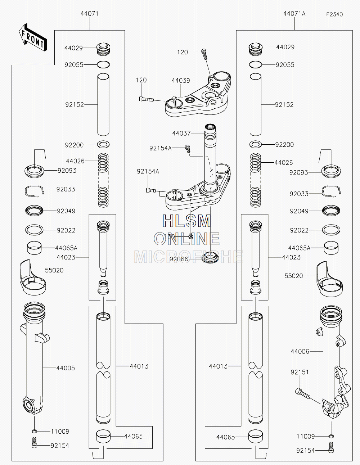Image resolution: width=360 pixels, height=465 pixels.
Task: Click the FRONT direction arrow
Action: (x=33, y=37)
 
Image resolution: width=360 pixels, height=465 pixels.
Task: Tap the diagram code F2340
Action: (x=334, y=14)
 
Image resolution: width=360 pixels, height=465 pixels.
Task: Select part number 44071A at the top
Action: (x=294, y=13)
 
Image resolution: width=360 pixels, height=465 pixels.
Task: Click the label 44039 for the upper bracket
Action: (x=181, y=81)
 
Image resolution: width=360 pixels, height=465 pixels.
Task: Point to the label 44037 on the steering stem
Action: (x=181, y=133)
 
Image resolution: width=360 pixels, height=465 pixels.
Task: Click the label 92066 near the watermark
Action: (x=179, y=259)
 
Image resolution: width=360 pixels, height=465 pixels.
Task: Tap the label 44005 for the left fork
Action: (x=66, y=368)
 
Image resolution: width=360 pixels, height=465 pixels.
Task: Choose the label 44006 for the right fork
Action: (x=300, y=351)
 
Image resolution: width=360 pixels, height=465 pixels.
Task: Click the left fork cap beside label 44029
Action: (x=103, y=49)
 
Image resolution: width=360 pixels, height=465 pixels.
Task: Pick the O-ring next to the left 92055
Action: (x=103, y=65)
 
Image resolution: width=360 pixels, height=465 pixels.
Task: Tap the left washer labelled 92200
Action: (x=103, y=144)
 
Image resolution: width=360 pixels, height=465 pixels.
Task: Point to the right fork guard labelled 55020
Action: (x=329, y=279)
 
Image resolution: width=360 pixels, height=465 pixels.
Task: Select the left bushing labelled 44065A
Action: (x=34, y=248)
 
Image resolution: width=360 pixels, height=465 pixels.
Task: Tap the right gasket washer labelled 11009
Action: (x=331, y=436)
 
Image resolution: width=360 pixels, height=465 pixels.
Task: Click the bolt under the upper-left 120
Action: (x=147, y=99)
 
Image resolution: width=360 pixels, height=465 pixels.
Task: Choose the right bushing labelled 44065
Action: (x=256, y=436)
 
